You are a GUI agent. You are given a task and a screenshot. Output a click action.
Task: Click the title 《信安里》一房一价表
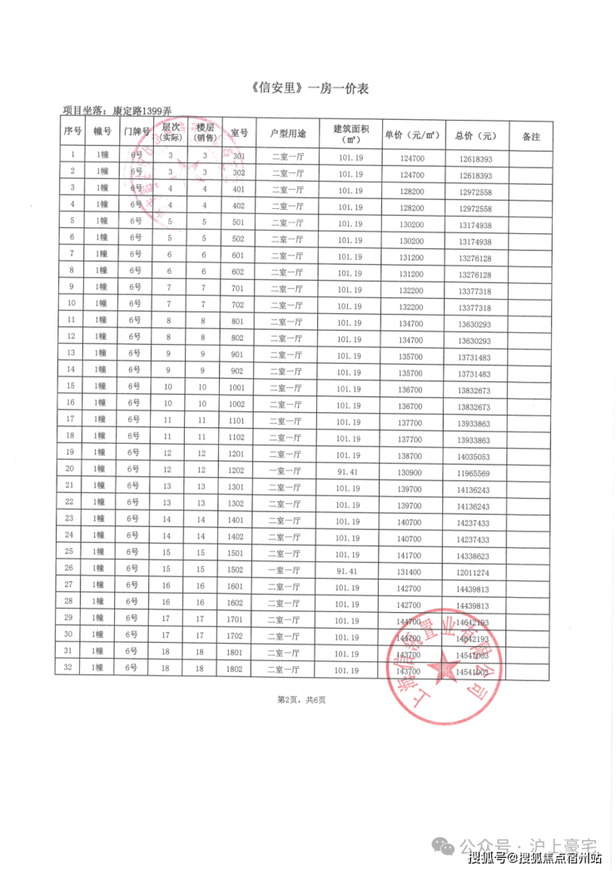coord(309,88)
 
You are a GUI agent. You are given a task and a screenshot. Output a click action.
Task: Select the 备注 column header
coord(530,136)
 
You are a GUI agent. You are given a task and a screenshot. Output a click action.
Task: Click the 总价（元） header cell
coord(475,136)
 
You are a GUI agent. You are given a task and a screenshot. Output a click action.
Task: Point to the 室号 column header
coord(239,134)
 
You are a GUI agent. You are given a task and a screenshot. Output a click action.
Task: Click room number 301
coord(239,157)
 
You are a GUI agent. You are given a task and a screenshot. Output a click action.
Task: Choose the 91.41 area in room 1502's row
coord(349,571)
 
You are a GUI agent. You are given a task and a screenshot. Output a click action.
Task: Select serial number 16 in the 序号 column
coord(71,403)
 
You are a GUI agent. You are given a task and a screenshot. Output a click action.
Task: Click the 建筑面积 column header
coord(350,134)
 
